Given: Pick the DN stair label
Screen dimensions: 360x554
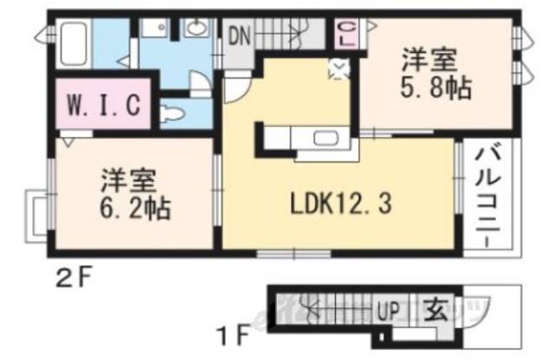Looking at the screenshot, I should coord(240,35).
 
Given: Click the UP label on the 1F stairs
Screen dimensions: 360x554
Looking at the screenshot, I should coord(386,307).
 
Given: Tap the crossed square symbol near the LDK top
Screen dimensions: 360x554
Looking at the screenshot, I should coord(338,68).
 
